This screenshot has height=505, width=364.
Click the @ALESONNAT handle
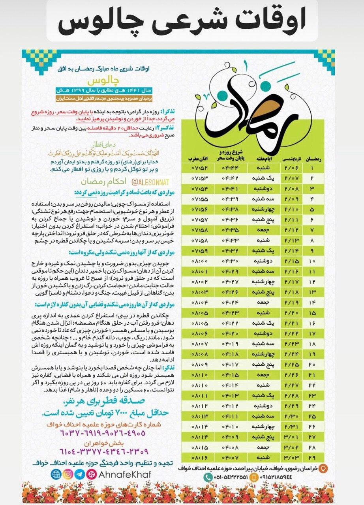[147, 182]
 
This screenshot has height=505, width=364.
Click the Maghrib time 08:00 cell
[200, 261]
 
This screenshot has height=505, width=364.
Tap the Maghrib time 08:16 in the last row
[200, 458]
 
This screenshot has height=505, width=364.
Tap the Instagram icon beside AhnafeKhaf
[68, 474]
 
